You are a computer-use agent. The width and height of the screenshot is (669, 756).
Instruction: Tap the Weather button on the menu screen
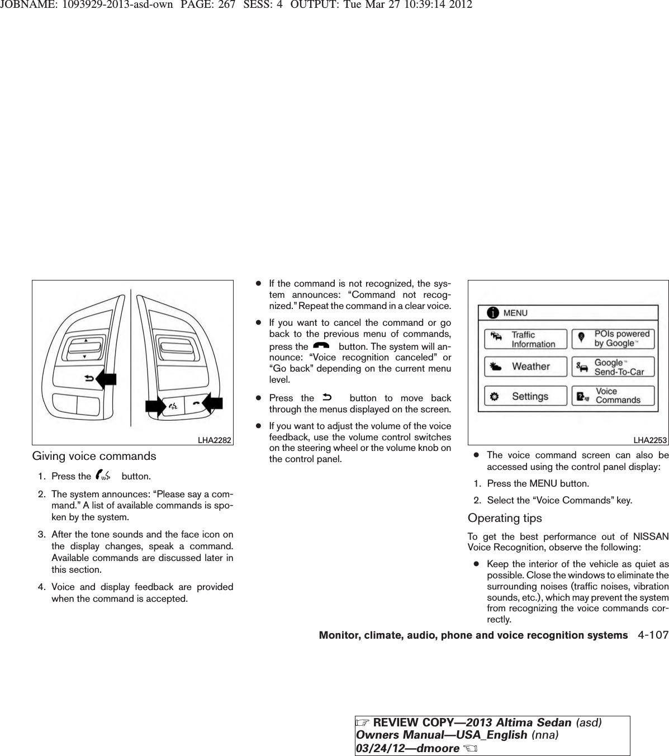(x=525, y=367)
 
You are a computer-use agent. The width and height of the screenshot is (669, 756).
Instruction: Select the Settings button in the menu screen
(x=525, y=396)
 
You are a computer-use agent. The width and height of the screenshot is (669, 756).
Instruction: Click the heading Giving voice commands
(x=94, y=456)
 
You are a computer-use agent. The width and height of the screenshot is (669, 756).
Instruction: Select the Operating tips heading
(x=505, y=518)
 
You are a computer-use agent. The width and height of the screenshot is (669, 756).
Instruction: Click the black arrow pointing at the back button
(x=107, y=379)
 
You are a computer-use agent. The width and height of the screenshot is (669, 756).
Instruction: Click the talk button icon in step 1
(x=104, y=476)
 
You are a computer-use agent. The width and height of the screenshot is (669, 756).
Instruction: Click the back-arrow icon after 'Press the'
(x=327, y=398)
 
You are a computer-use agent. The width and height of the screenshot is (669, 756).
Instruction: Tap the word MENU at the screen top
(x=515, y=313)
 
